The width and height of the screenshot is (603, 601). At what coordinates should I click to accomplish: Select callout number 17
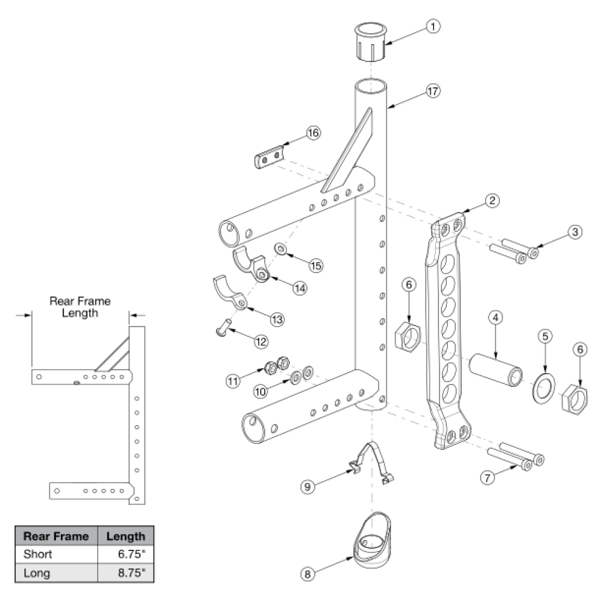tap(432, 91)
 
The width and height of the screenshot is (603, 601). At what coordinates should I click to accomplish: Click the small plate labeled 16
tap(267, 157)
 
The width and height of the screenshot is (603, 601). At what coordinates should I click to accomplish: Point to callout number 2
tap(493, 200)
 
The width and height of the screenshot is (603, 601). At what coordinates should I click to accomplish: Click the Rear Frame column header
tap(56, 536)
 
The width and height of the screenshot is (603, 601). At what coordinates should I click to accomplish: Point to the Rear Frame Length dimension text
tap(80, 307)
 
